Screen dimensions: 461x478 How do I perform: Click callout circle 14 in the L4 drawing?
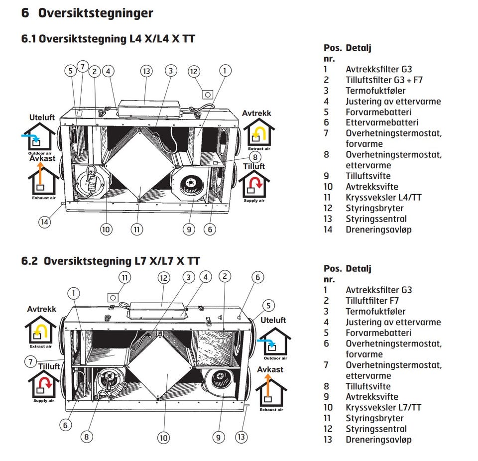[x=45, y=222]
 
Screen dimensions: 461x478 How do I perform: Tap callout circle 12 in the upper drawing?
[x=194, y=71]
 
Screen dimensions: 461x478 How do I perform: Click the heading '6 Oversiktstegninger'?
[x=87, y=13]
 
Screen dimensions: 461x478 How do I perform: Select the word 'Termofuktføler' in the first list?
[x=375, y=91]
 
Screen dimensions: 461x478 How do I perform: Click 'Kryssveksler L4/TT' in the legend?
[x=383, y=198]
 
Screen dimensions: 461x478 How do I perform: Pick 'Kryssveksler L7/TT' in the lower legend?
[x=383, y=408]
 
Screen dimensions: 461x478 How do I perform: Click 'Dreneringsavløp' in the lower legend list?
[x=378, y=440]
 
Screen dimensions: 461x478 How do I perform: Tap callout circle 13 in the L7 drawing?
[x=241, y=437]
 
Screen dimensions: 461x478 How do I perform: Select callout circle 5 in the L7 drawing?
[x=268, y=305]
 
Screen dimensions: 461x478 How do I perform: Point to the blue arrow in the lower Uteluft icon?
[x=268, y=343]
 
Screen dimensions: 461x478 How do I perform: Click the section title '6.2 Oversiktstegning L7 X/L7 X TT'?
[x=111, y=261]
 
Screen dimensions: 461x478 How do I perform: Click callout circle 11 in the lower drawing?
[x=125, y=277]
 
